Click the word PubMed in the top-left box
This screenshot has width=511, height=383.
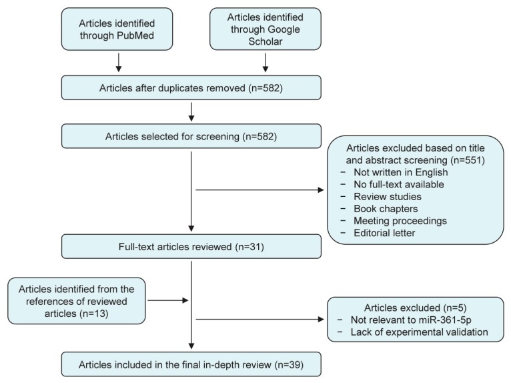(x=135, y=35)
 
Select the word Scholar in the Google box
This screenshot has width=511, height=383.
(x=266, y=41)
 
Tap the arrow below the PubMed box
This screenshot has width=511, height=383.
(x=119, y=62)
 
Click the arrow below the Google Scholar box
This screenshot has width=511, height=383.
(x=266, y=62)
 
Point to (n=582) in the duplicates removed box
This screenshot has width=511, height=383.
(x=266, y=88)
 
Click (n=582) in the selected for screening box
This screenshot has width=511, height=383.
(x=260, y=136)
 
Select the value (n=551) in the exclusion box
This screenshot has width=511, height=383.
(x=468, y=160)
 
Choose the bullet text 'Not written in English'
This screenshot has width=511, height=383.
(x=401, y=172)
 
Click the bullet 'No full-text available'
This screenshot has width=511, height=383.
(x=399, y=184)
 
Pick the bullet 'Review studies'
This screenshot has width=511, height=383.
(x=388, y=197)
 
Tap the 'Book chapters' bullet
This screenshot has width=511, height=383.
(x=386, y=209)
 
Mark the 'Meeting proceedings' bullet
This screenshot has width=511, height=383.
(x=400, y=221)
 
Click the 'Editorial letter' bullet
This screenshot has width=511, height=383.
(x=384, y=233)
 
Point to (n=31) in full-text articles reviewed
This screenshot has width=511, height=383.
(x=249, y=247)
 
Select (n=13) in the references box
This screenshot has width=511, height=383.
(x=93, y=314)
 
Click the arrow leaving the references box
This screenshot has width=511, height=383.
(x=168, y=300)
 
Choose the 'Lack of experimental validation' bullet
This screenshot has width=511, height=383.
(x=420, y=332)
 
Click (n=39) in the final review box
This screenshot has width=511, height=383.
(x=289, y=365)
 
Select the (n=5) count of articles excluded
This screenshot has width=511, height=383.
(x=454, y=308)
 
